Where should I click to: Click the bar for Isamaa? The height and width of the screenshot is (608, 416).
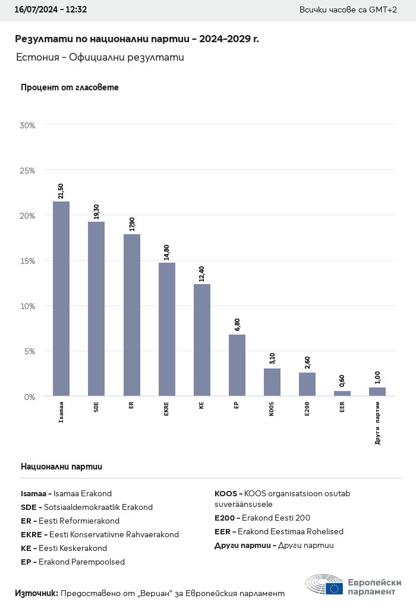[x=61, y=298]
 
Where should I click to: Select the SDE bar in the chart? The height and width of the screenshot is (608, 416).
[x=96, y=308]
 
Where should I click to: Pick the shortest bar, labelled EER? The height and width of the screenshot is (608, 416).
[x=342, y=393]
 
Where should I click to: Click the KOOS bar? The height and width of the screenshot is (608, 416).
[x=272, y=382]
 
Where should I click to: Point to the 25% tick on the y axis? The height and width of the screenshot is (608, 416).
[x=27, y=171]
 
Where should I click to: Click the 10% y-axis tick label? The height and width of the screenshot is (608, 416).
[x=27, y=306]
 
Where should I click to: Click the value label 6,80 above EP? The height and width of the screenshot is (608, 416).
[x=237, y=325]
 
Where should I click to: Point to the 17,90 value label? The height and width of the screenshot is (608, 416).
[x=132, y=224]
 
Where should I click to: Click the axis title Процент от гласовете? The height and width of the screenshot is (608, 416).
[x=70, y=87]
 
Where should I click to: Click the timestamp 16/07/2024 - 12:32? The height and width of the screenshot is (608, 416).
[x=51, y=10]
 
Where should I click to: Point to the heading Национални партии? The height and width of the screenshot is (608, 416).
[x=61, y=467]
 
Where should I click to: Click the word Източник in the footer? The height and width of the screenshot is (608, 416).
[x=36, y=593]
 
